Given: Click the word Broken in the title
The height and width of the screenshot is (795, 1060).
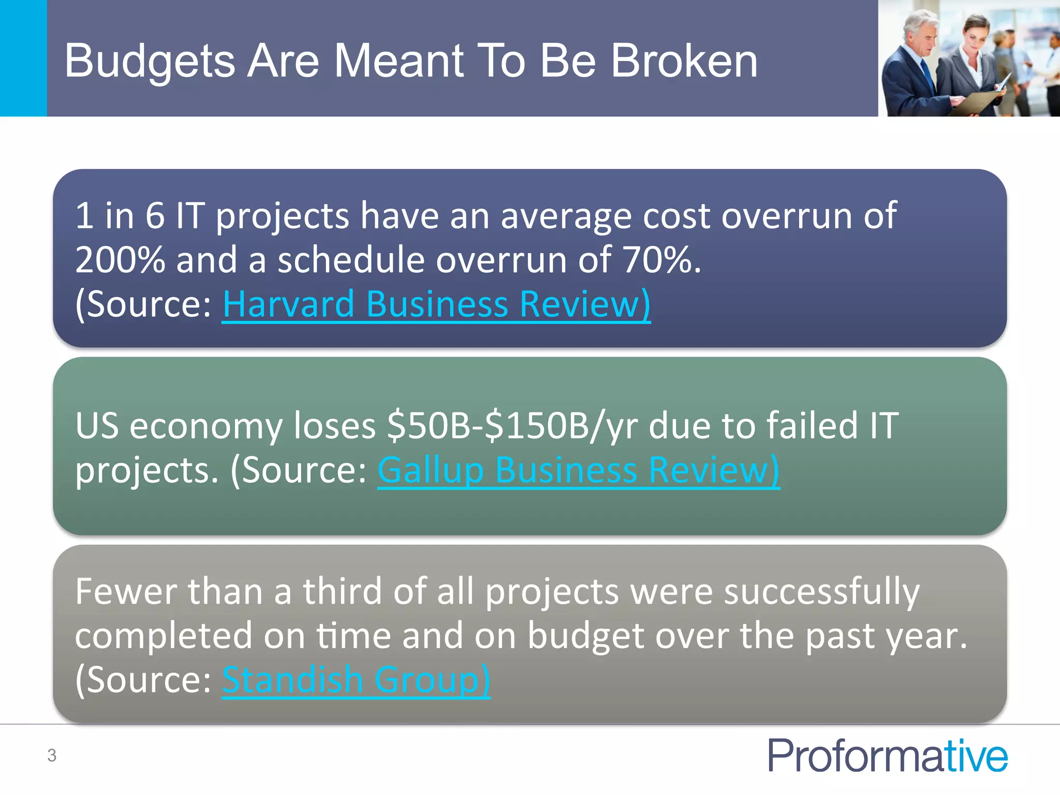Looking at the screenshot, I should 684,61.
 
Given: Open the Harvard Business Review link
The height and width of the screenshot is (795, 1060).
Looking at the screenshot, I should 436,304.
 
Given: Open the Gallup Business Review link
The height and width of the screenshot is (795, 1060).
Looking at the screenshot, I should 578,470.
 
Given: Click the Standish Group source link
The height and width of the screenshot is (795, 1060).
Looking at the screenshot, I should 356,680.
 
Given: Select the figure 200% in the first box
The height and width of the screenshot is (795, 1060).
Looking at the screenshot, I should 120,260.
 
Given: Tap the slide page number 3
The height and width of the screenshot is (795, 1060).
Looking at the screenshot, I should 52,755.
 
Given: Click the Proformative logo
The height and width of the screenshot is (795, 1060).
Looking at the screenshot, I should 887,755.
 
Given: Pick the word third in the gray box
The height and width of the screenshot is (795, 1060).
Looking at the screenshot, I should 342,592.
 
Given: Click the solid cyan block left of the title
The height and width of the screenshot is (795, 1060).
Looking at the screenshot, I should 23,58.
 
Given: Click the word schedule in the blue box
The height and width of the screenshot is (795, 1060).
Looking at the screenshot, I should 351,260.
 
